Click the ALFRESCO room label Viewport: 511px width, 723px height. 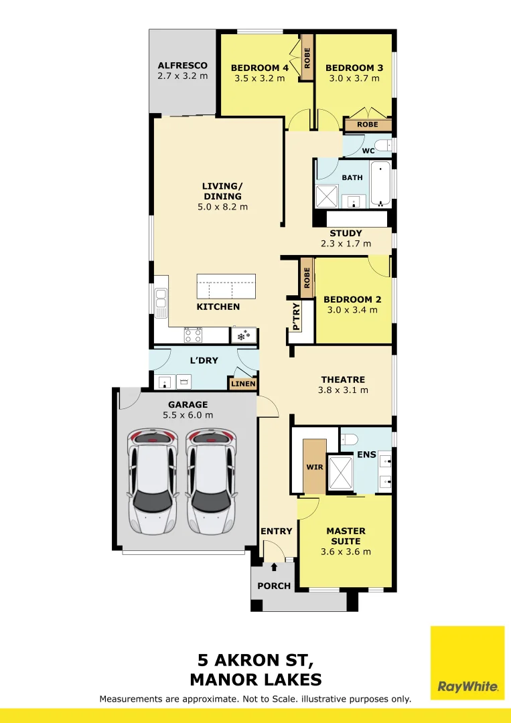pyautogui.click(x=183, y=66)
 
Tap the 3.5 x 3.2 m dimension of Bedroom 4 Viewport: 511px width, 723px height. pyautogui.click(x=260, y=78)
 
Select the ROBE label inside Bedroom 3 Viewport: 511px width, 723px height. pyautogui.click(x=368, y=125)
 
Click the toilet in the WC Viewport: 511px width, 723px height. pyautogui.click(x=383, y=146)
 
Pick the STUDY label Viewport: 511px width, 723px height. pyautogui.click(x=346, y=234)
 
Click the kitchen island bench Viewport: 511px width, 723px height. pyautogui.click(x=226, y=287)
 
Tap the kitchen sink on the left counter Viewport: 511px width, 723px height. pyautogui.click(x=161, y=303)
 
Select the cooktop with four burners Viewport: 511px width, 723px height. pyautogui.click(x=194, y=335)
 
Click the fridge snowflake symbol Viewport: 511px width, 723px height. pyautogui.click(x=244, y=335)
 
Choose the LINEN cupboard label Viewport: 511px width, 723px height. pyautogui.click(x=243, y=384)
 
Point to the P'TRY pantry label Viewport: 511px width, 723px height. pyautogui.click(x=296, y=316)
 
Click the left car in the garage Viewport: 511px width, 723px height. pyautogui.click(x=153, y=481)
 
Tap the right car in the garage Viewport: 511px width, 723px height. pyautogui.click(x=211, y=481)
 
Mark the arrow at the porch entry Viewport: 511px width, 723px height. pyautogui.click(x=274, y=567)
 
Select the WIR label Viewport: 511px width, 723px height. pyautogui.click(x=315, y=467)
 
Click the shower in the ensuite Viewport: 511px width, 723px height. pyautogui.click(x=340, y=472)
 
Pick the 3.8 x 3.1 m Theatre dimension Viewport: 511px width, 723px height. pyautogui.click(x=343, y=390)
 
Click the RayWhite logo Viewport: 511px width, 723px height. pyautogui.click(x=467, y=663)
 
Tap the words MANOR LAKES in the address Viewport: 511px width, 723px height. pyautogui.click(x=256, y=679)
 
